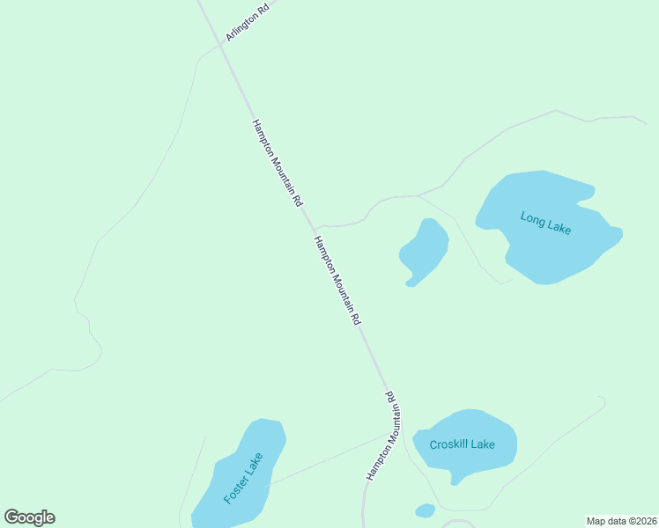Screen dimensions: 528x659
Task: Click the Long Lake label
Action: [x=545, y=223]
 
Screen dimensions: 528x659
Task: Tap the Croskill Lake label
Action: [x=462, y=444]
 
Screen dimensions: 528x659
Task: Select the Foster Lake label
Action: [x=243, y=478]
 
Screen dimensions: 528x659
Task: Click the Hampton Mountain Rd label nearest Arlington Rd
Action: [x=277, y=163]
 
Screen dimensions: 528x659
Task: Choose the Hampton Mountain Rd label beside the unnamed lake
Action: [x=337, y=281]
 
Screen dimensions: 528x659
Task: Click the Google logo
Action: [x=29, y=517]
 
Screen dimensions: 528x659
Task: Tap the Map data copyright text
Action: [x=621, y=521]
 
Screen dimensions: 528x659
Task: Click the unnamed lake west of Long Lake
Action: [x=425, y=251]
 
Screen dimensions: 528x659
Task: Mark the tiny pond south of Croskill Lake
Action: [x=426, y=510]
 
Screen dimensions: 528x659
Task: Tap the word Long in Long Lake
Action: [x=532, y=218]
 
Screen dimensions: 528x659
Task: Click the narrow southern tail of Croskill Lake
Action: [x=455, y=479]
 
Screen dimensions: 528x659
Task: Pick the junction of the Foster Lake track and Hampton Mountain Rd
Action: [x=388, y=434]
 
